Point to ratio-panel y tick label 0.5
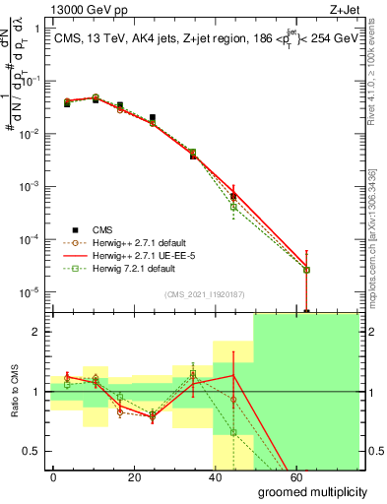pyautogui.click(x=32, y=451)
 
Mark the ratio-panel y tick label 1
pyautogui.click(x=37, y=392)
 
